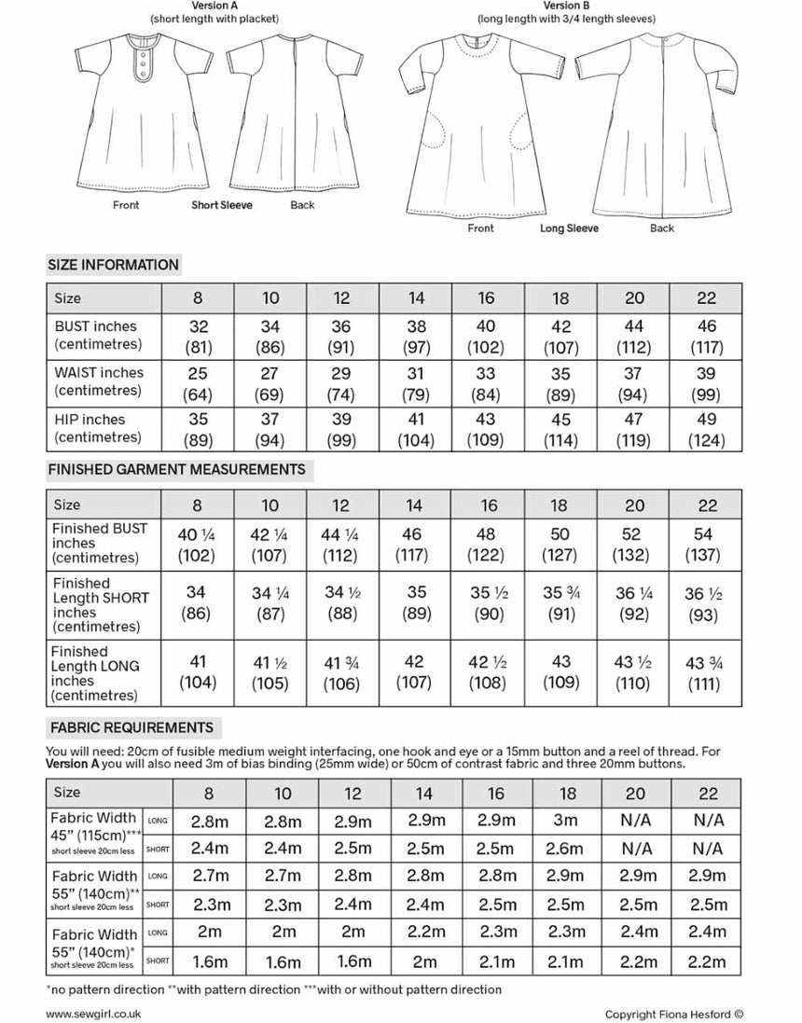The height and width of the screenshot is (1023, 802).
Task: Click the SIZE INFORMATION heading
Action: coord(113,265)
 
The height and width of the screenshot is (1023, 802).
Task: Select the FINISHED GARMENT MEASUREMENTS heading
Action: coord(176,469)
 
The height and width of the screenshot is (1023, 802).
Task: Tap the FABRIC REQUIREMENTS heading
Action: coord(131,727)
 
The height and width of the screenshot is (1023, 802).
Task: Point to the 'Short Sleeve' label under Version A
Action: coord(222,205)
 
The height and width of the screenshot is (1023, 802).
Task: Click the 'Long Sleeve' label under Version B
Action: coord(569,228)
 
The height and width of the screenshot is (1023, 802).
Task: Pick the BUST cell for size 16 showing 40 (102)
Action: coord(487,337)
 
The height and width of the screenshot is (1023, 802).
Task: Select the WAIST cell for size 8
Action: coord(198,382)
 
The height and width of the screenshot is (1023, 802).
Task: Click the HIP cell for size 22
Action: coord(707,428)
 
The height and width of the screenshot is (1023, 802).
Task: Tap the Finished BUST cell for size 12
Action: coord(342,545)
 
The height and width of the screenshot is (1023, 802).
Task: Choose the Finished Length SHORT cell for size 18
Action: coord(560,604)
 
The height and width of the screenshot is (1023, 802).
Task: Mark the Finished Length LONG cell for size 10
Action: coord(270,671)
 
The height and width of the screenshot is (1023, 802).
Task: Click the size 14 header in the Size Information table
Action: coord(416,298)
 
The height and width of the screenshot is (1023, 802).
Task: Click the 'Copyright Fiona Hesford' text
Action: coord(673,1015)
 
